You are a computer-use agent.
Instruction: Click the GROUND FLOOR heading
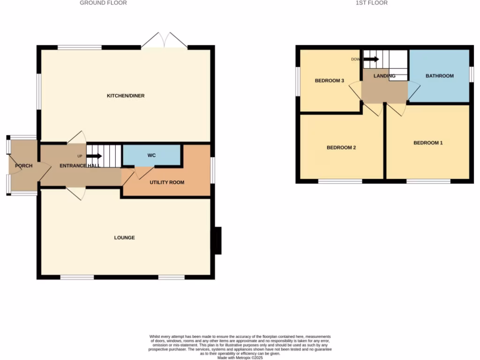point(103,3)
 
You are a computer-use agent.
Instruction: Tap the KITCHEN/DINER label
point(126,96)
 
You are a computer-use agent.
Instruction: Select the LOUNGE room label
point(124,238)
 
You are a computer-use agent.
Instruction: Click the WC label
point(151,155)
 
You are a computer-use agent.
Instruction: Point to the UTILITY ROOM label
point(167,182)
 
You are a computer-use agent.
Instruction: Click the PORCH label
point(23,166)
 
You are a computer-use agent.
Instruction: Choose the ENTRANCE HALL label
point(79,166)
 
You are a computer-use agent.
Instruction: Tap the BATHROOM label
point(439,76)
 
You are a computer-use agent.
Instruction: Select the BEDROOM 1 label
point(428,143)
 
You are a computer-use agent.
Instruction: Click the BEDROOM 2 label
point(341,148)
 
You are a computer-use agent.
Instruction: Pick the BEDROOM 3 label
point(330,81)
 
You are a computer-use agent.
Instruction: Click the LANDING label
point(384,76)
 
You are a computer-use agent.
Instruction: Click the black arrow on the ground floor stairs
point(94,156)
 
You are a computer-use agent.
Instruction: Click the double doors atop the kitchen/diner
point(164,41)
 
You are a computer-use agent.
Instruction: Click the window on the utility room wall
point(212,170)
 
